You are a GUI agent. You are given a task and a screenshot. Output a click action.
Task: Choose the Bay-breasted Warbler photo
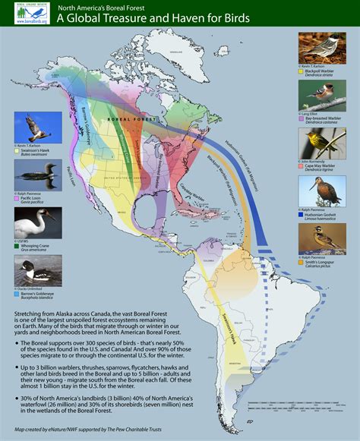pyautogui.click(x=321, y=95)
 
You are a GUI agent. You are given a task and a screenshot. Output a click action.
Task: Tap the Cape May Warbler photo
pyautogui.click(x=321, y=142)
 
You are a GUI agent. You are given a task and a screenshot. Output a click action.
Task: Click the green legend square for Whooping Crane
pyautogui.click(x=17, y=247)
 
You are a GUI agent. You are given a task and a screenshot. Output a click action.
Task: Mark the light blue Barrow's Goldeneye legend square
pyautogui.click(x=17, y=293)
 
